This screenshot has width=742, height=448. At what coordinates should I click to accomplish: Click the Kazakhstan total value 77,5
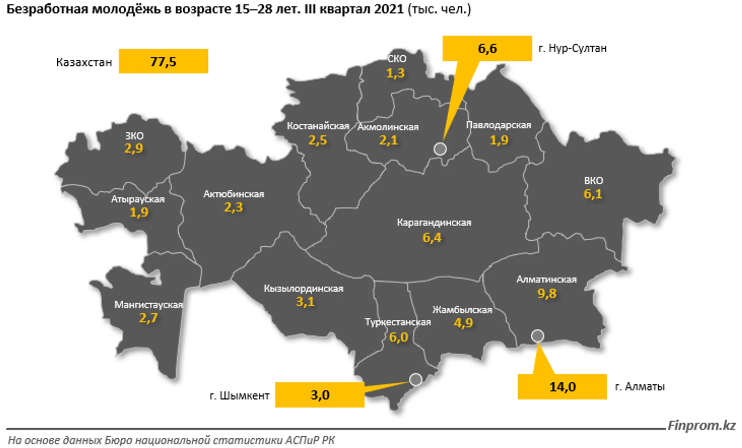(x=163, y=62)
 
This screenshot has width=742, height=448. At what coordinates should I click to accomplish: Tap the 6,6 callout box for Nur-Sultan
(x=487, y=48)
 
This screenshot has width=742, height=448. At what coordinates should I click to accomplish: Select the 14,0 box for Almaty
(x=562, y=387)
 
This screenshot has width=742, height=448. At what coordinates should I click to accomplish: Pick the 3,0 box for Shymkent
(x=320, y=395)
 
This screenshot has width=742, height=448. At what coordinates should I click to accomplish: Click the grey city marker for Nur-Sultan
(x=440, y=149)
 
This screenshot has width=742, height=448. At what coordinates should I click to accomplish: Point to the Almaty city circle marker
(x=537, y=336)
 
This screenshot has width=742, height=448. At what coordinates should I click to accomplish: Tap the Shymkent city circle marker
(x=416, y=379)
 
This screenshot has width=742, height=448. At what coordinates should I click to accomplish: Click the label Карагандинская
(x=434, y=222)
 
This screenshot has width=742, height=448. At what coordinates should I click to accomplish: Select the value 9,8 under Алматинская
(x=547, y=293)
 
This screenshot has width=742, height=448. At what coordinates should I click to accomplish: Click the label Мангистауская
(x=148, y=305)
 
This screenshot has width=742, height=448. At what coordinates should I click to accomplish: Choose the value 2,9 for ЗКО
(x=134, y=148)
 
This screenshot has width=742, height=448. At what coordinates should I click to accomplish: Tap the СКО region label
(x=397, y=59)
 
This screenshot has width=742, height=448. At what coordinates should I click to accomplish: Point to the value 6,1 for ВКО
(x=593, y=194)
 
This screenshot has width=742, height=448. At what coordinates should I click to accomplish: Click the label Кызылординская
(x=304, y=288)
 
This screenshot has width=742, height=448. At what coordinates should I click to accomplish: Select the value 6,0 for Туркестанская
(x=398, y=337)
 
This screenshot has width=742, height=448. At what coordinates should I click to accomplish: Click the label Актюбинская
(x=234, y=194)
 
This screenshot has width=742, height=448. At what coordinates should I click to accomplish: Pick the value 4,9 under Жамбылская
(x=463, y=323)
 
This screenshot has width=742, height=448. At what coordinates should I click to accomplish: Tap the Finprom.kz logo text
(x=701, y=426)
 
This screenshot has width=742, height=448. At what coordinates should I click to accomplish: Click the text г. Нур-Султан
(x=572, y=48)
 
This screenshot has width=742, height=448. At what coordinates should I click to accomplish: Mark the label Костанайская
(x=318, y=126)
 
